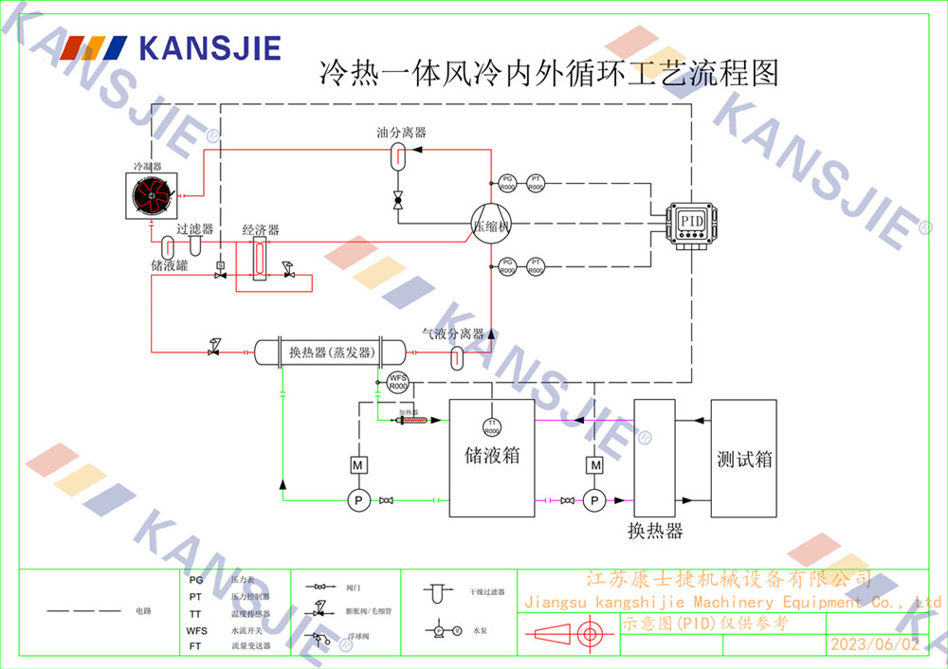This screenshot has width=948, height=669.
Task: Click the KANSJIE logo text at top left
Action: pyautogui.click(x=210, y=47)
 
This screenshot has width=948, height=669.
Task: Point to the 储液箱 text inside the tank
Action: pyautogui.click(x=491, y=456)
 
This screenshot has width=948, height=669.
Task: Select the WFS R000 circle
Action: pyautogui.click(x=398, y=383)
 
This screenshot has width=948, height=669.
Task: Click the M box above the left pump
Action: pyautogui.click(x=358, y=465)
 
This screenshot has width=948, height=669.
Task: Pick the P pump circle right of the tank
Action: pyautogui.click(x=594, y=500)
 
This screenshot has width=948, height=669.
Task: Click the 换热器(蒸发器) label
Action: pyautogui.click(x=329, y=353)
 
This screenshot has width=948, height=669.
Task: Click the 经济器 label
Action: pyautogui.click(x=261, y=230)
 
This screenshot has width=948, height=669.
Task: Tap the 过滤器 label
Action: pyautogui.click(x=194, y=230)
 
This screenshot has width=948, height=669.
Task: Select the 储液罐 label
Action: pyautogui.click(x=169, y=266)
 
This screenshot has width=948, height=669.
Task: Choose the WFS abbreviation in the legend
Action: pyautogui.click(x=196, y=629)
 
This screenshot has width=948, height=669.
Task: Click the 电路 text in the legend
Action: pyautogui.click(x=143, y=611)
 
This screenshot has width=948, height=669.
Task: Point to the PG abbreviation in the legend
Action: pyautogui.click(x=196, y=579)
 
